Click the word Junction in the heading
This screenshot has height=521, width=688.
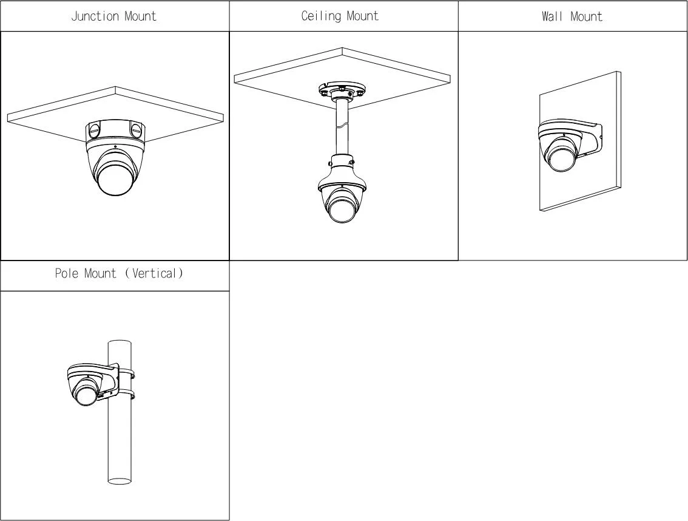pos(95,16)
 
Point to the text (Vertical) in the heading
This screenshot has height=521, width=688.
pos(154,273)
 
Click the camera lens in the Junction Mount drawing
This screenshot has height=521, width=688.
pos(114,179)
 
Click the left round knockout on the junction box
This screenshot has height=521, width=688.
pos(94,129)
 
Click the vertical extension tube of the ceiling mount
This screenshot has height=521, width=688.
pos(342,128)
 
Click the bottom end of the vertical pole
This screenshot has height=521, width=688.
pos(120,480)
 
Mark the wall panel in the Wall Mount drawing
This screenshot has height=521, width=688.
pos(580,141)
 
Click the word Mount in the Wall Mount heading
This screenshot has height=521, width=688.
pos(587,16)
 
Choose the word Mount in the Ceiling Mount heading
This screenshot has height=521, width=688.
pos(362,16)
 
